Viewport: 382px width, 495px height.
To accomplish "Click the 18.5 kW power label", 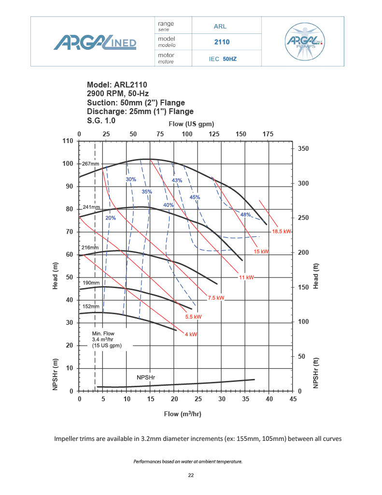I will tap(282, 232).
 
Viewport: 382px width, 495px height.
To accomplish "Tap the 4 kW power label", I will tap(190, 334).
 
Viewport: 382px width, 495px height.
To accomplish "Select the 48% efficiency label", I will tap(245, 215).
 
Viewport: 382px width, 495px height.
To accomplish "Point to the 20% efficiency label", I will tap(111, 218).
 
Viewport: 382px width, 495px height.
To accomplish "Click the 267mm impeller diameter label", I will tap(90, 164).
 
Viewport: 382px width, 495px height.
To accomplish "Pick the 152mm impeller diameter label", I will tap(91, 306).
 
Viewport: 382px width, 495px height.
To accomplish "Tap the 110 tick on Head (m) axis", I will tap(67, 141).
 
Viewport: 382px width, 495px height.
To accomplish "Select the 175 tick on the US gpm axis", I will tap(268, 134).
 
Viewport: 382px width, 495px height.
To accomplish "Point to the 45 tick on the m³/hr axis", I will tap(292, 400).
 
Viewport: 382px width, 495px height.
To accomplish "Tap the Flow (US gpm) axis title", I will tap(191, 124).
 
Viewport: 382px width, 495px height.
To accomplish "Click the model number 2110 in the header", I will tap(222, 42).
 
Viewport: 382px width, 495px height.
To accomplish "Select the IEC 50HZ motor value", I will tap(222, 59).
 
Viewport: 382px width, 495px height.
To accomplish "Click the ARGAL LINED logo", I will tap(95, 42).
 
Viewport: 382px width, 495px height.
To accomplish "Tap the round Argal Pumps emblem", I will tap(303, 42).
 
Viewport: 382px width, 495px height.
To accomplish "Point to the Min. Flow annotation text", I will tap(106, 339).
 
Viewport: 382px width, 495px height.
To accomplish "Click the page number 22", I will tap(191, 476).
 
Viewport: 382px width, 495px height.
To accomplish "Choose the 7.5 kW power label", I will tap(216, 298).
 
